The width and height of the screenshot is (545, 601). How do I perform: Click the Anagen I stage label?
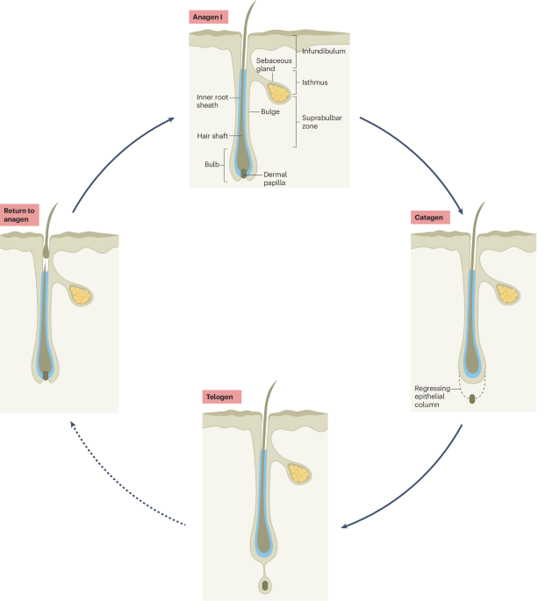pyautogui.click(x=208, y=17)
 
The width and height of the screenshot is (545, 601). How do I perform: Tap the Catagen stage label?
pyautogui.click(x=430, y=218)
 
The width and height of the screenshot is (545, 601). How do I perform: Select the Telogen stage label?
pyautogui.click(x=221, y=397)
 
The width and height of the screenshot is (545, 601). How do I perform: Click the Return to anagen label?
pyautogui.click(x=19, y=215)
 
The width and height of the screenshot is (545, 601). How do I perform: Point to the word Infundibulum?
pyautogui.click(x=324, y=51)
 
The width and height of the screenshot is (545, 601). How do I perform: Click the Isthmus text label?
pyautogui.click(x=315, y=82)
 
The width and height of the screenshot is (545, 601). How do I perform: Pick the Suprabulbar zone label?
pyautogui.click(x=321, y=122)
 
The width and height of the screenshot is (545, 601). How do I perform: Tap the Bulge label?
pyautogui.click(x=270, y=111)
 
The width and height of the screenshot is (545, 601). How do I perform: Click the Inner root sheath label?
pyautogui.click(x=212, y=101)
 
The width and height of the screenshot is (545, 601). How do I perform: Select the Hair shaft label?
pyautogui.click(x=212, y=136)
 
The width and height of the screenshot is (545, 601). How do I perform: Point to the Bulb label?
pyautogui.click(x=212, y=164)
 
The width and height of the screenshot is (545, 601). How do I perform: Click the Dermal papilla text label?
pyautogui.click(x=276, y=178)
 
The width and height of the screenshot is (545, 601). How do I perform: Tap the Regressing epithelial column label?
pyautogui.click(x=433, y=397)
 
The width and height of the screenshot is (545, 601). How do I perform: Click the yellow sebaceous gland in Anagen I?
pyautogui.click(x=278, y=93)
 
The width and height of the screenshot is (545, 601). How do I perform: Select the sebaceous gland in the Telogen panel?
pyautogui.click(x=299, y=474)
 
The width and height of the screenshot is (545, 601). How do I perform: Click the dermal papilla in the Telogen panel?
pyautogui.click(x=265, y=585)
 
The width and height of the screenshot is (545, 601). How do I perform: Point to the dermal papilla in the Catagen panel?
pyautogui.click(x=472, y=399)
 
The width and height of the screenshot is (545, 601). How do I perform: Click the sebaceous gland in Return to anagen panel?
pyautogui.click(x=81, y=295)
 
